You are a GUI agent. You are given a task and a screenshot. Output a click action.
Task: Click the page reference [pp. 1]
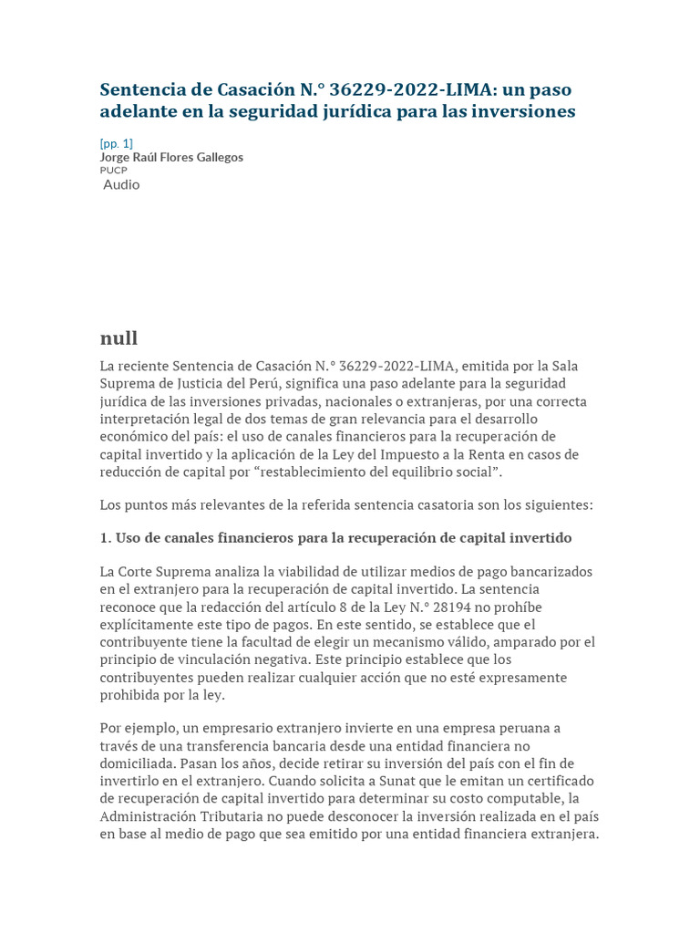point(116,143)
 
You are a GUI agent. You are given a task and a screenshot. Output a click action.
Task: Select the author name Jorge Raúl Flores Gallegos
point(171,157)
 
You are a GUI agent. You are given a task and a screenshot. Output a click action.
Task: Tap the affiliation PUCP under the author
point(114,170)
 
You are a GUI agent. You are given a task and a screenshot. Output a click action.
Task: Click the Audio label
point(121,184)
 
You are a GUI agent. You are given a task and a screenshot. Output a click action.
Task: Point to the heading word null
point(118,338)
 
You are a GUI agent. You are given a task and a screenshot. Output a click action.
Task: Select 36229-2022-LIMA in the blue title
point(408,89)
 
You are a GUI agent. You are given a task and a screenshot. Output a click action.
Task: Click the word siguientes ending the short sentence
point(556,504)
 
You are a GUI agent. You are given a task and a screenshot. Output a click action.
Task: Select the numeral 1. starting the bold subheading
point(106,537)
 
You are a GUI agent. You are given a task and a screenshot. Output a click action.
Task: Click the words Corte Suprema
point(161,572)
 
